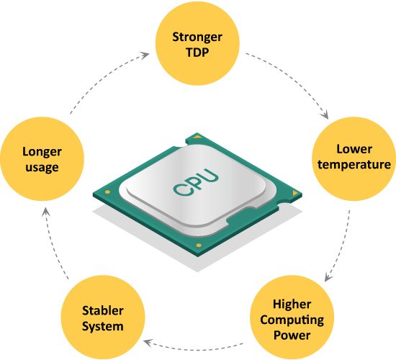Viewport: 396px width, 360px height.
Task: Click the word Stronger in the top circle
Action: (197, 37)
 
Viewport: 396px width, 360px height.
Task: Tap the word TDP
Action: (197, 53)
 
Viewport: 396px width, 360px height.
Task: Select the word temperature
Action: (354, 165)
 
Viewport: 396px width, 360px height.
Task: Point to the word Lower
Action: (354, 149)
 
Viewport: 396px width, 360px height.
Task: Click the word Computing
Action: (292, 320)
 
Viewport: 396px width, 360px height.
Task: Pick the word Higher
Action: (292, 305)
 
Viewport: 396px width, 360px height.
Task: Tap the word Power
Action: (292, 336)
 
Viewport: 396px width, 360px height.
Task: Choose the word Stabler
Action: (103, 311)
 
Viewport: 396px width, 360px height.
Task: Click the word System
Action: (103, 326)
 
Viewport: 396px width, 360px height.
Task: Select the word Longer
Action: (42, 152)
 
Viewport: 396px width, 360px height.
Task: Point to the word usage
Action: (42, 168)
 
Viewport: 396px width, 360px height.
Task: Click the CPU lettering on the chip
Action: (196, 182)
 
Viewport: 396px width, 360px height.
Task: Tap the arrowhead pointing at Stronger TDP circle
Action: (145, 55)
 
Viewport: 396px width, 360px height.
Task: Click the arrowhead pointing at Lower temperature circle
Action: (325, 115)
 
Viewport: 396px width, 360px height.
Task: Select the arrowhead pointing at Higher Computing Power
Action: (328, 277)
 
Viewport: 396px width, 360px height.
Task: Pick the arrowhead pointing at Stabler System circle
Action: (148, 343)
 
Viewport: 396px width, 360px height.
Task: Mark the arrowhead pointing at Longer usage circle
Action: (45, 212)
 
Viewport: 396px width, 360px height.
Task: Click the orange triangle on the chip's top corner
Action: (197, 137)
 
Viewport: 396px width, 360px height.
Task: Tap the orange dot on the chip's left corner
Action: (107, 192)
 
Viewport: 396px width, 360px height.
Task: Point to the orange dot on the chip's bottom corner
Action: (199, 246)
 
